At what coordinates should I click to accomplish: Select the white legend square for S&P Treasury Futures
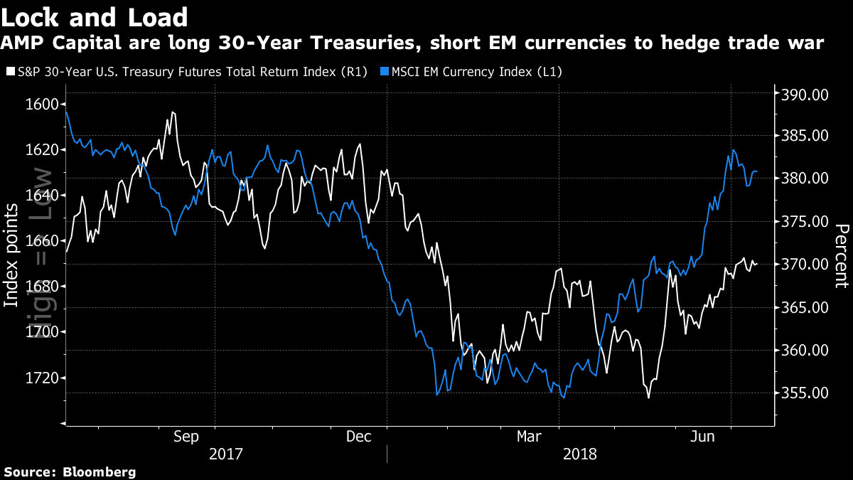pyautogui.click(x=10, y=72)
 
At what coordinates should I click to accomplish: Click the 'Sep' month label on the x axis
pyautogui.click(x=186, y=436)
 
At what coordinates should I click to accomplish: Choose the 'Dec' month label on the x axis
pyautogui.click(x=358, y=436)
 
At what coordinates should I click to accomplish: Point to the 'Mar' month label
pyautogui.click(x=530, y=436)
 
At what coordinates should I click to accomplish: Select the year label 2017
pyautogui.click(x=226, y=454)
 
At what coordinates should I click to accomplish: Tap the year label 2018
pyautogui.click(x=579, y=454)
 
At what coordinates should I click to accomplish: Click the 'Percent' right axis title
pyautogui.click(x=842, y=256)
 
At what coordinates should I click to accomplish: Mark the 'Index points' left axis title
pyautogui.click(x=11, y=256)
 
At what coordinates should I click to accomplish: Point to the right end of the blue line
pyautogui.click(x=757, y=171)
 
